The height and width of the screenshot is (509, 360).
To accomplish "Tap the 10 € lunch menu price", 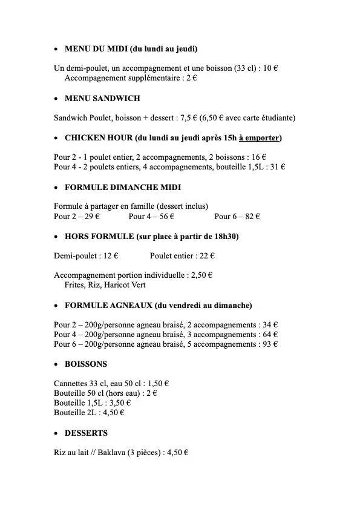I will tap(270, 68).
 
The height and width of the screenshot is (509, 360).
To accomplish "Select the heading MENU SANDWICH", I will tap(102, 98).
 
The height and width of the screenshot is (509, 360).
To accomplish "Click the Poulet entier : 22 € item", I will tap(183, 256).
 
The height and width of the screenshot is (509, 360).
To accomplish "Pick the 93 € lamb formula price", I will tap(270, 344).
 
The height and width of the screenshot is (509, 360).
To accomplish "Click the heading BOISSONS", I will tap(86, 364).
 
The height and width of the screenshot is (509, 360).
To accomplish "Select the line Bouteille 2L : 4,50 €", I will tap(89, 413).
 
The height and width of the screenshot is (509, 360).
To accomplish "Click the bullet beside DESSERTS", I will tap(56, 433).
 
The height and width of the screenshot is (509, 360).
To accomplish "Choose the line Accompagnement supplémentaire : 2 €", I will tap(131, 78).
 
